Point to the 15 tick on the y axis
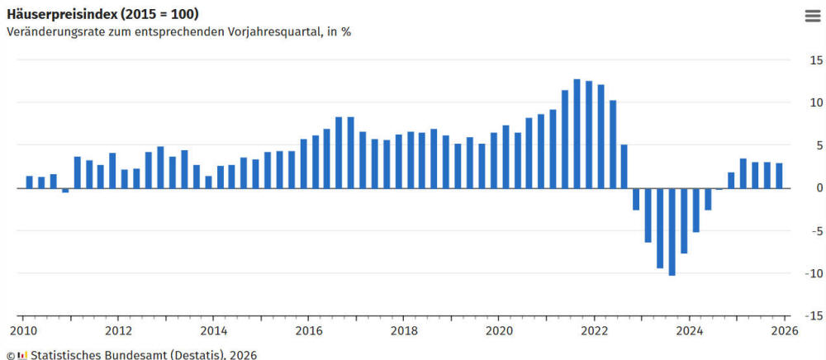click(815, 60)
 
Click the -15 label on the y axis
click(814, 315)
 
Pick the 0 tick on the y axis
click(819, 188)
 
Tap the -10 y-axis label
click(814, 273)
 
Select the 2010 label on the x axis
click(23, 332)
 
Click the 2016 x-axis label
click(309, 332)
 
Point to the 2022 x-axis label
click(595, 332)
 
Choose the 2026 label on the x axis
click(784, 332)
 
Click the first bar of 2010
click(30, 182)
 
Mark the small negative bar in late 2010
click(65, 190)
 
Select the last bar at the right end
click(779, 175)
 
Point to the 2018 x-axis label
click(404, 332)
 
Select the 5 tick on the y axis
click(819, 145)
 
